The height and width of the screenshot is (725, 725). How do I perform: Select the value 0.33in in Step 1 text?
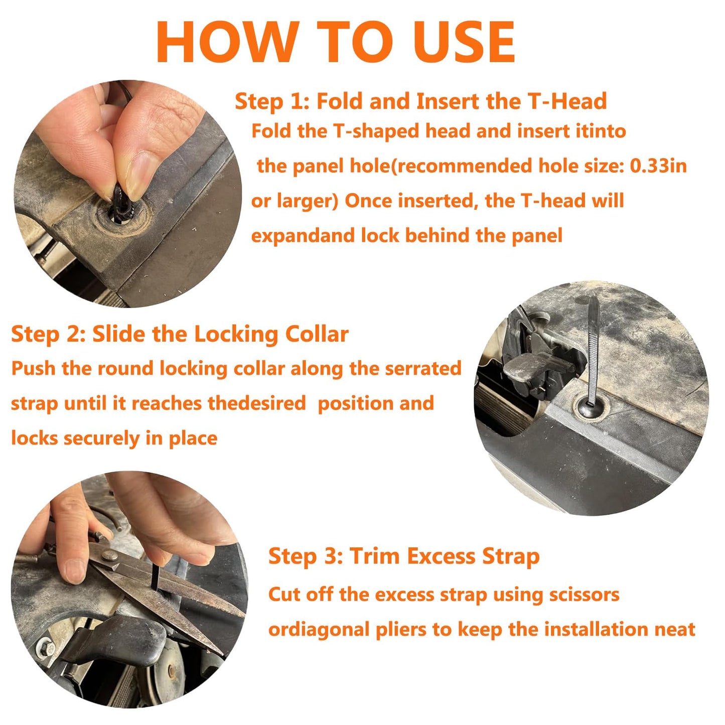(x=658, y=166)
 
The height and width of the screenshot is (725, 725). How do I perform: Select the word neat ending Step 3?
(x=674, y=630)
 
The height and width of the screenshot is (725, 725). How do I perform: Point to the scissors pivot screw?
(x=109, y=554)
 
